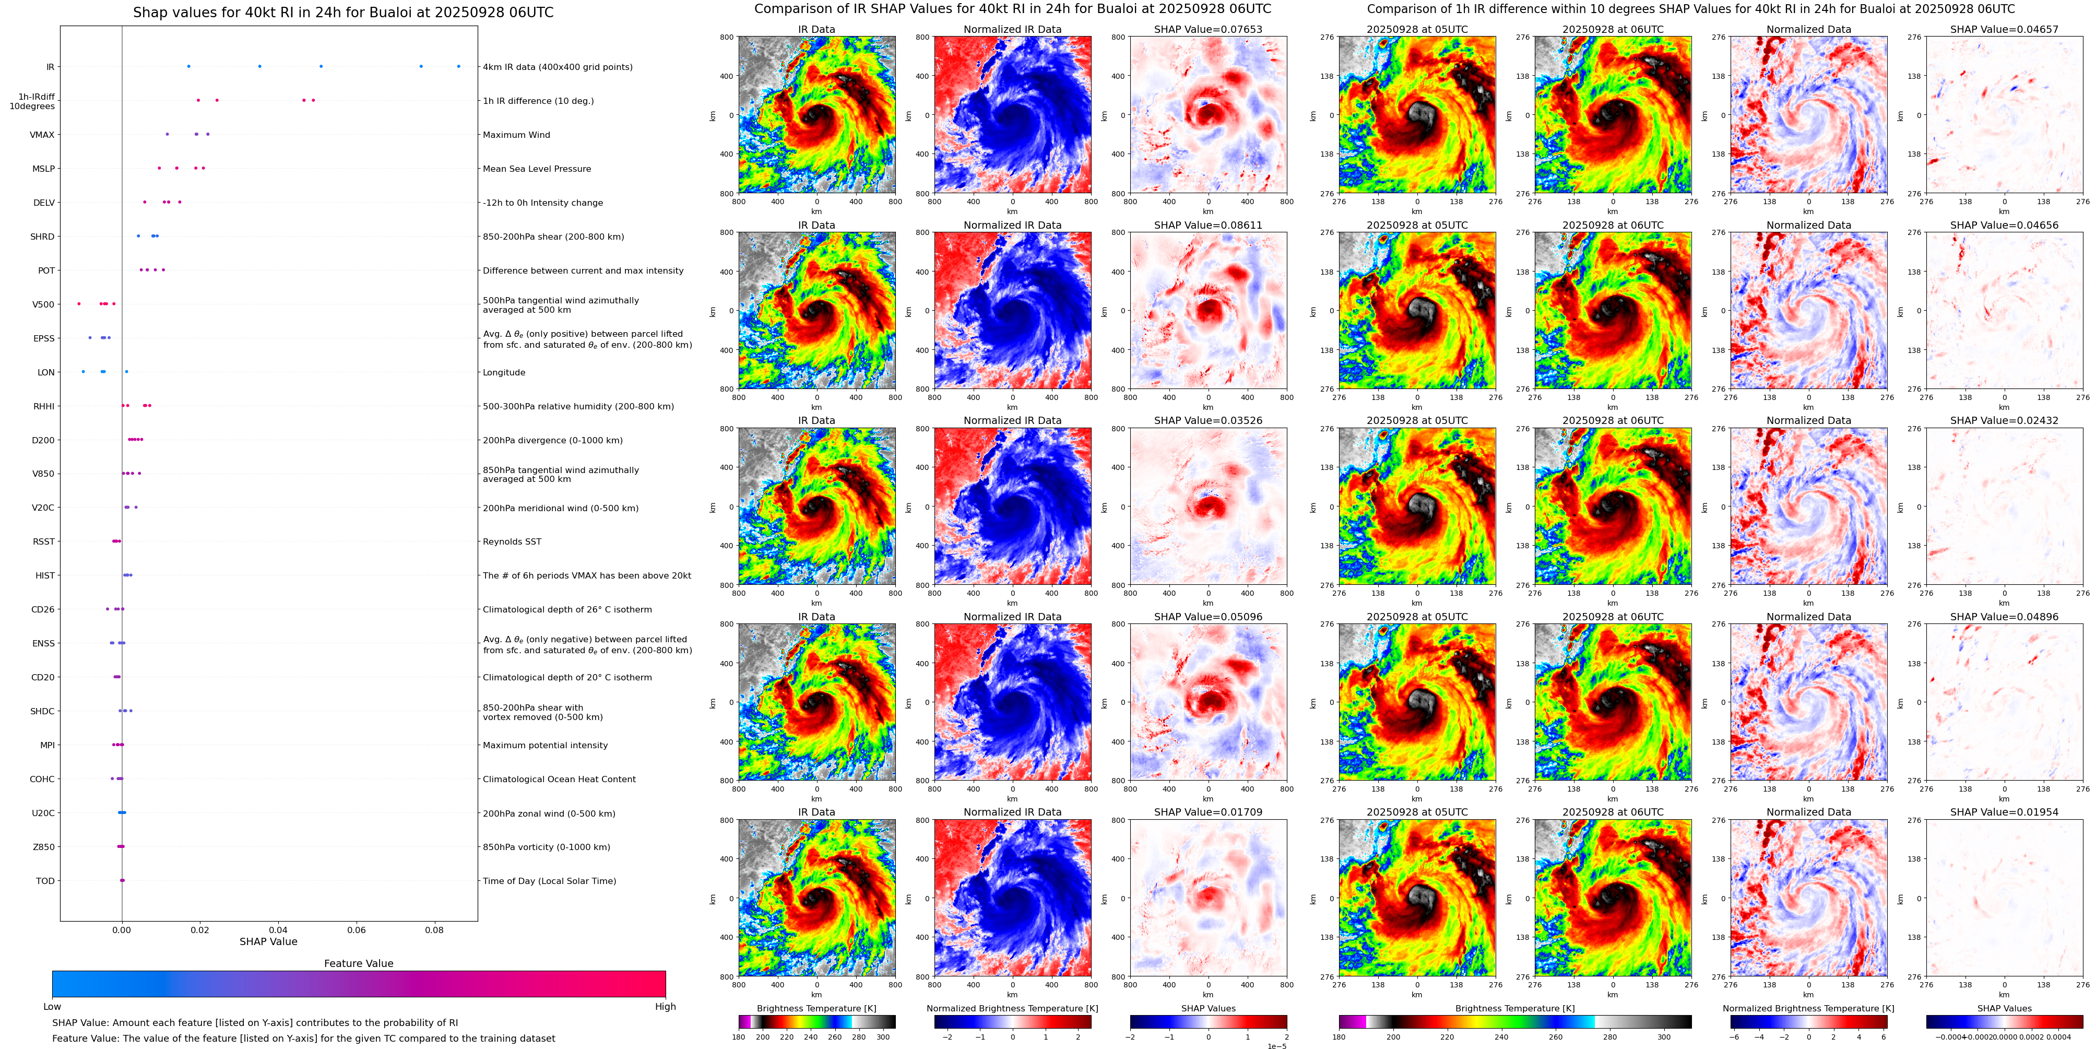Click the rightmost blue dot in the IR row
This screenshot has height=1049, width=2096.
tap(458, 66)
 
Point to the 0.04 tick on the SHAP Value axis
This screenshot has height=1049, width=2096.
tap(278, 929)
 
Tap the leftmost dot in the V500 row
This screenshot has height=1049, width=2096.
tap(79, 303)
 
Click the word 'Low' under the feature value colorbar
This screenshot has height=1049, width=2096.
tap(52, 1007)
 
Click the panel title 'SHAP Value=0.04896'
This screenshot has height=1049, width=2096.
tap(2004, 617)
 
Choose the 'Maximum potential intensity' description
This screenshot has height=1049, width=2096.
tap(545, 746)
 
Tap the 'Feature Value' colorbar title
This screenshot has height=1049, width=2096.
tap(358, 963)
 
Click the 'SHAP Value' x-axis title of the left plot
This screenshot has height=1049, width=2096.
tap(268, 941)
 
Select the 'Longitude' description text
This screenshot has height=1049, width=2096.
tap(504, 373)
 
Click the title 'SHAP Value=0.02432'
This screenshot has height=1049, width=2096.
tap(2004, 421)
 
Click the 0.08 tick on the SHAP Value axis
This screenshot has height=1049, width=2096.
tap(434, 929)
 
